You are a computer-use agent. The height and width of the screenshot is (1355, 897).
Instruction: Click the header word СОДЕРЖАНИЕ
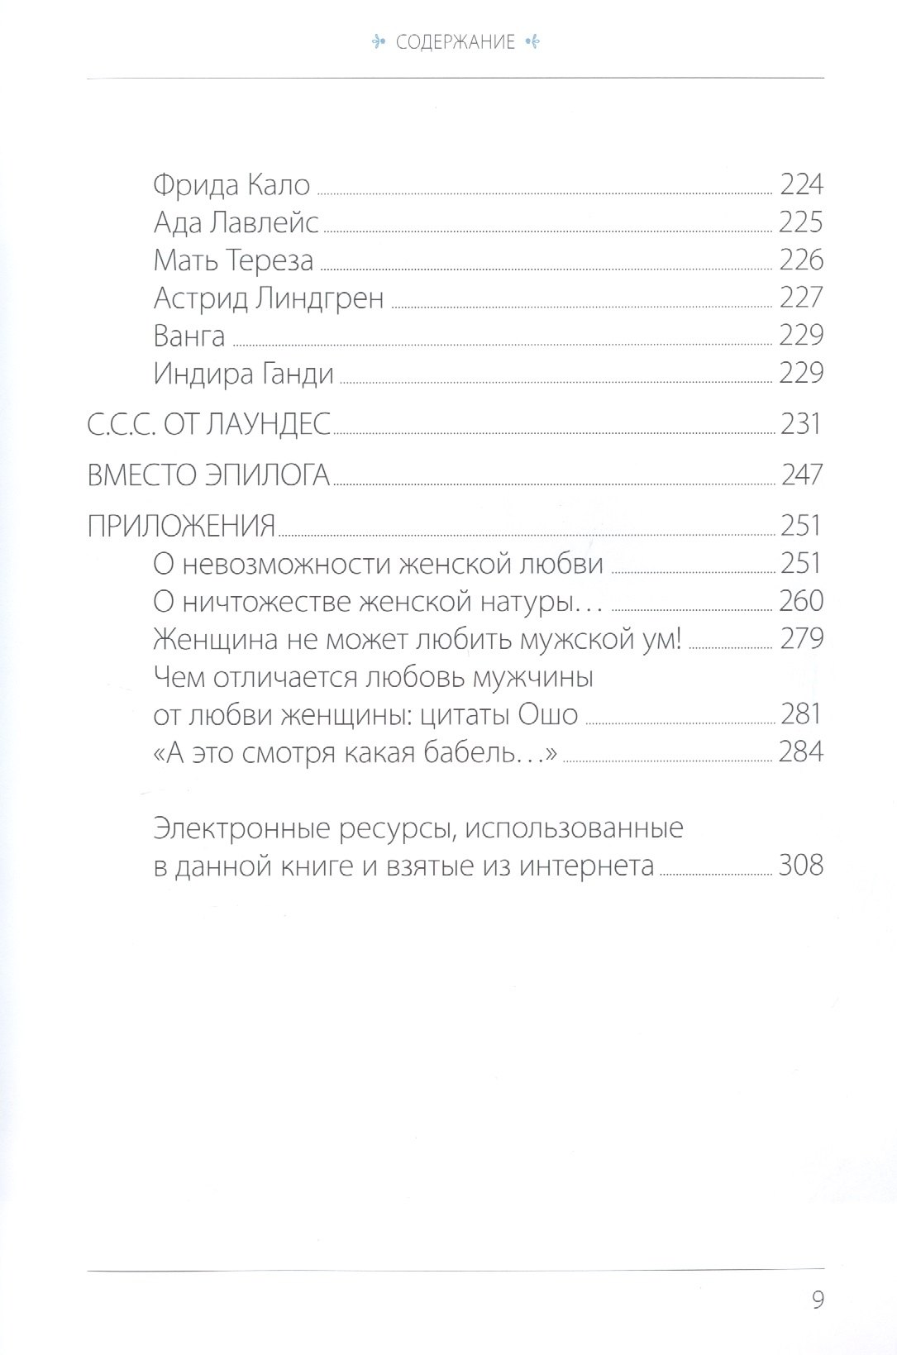pos(456,42)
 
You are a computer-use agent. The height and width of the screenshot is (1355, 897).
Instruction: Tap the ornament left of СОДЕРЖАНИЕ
pos(380,42)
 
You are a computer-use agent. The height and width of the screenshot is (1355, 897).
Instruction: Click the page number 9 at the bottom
pos(818,1300)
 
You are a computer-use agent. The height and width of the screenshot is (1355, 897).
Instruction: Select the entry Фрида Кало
pos(231,184)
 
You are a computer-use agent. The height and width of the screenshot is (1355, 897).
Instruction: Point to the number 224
pos(801,184)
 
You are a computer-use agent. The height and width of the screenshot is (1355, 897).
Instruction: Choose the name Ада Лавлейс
pos(236,222)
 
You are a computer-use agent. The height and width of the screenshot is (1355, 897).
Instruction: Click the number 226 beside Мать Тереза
pos(801,260)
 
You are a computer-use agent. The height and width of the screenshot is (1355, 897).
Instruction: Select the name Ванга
pos(189,336)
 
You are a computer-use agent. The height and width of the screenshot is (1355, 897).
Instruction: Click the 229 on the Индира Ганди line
pos(801,374)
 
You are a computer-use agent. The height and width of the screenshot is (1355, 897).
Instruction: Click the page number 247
pos(801,475)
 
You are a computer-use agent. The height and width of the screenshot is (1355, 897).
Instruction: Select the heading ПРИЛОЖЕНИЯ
pos(181,526)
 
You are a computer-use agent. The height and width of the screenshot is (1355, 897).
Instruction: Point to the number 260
pos(801,601)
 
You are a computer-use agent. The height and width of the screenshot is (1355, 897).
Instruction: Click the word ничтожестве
pos(267,601)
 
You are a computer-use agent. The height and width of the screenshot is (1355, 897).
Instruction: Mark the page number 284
pos(801,752)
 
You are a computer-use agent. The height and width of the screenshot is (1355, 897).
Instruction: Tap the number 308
pos(801,866)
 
